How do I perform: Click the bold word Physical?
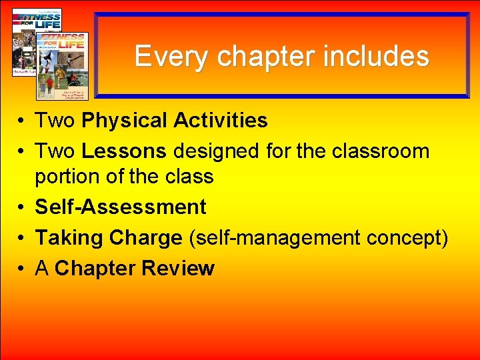coord(124,121)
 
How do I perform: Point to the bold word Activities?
coord(220,121)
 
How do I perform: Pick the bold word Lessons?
coord(123,151)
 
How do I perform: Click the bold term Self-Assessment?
coord(121,207)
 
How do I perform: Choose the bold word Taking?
coord(69,237)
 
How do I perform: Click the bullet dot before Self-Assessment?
coord(22,208)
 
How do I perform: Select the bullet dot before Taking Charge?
coord(22,238)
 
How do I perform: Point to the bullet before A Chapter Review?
coord(22,269)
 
